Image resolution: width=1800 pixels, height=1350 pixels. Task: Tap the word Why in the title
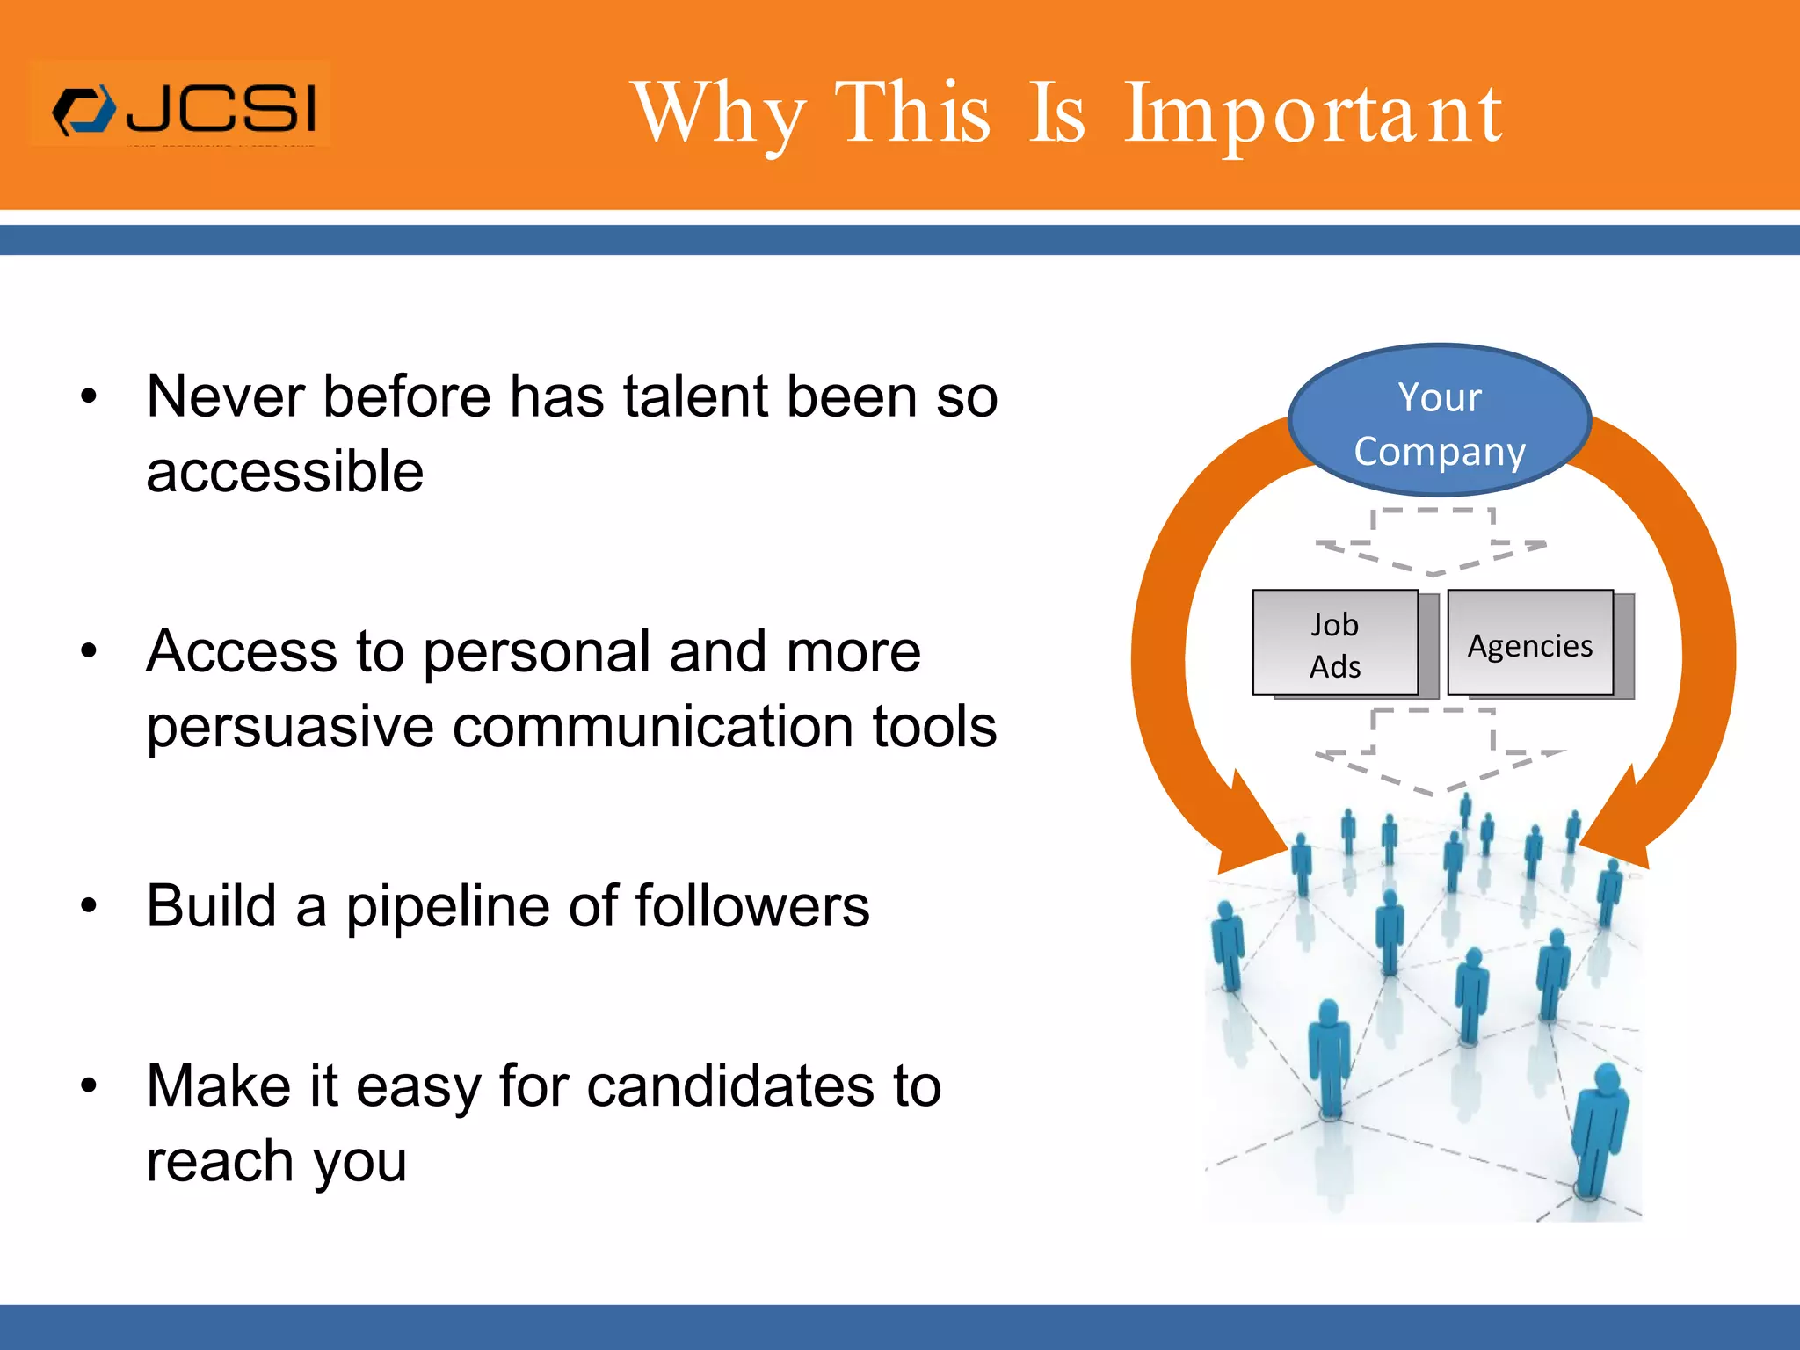pyautogui.click(x=719, y=114)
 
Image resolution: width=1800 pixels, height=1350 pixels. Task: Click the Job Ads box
pyautogui.click(x=1335, y=644)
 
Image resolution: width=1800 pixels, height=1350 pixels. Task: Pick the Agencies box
pyautogui.click(x=1530, y=644)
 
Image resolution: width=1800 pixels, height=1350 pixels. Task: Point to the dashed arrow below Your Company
pyautogui.click(x=1432, y=541)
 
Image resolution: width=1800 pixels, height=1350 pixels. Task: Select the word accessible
pyautogui.click(x=285, y=473)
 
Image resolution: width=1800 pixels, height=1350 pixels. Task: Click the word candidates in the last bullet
pyautogui.click(x=729, y=1087)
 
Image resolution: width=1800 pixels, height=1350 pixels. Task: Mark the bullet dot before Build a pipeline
pyautogui.click(x=89, y=905)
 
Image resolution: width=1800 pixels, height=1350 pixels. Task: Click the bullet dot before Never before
pyautogui.click(x=89, y=397)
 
